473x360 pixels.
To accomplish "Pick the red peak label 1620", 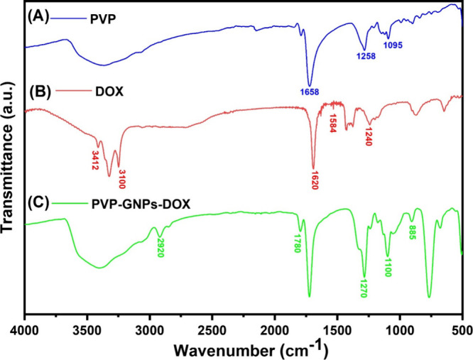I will pyautogui.click(x=313, y=180).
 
